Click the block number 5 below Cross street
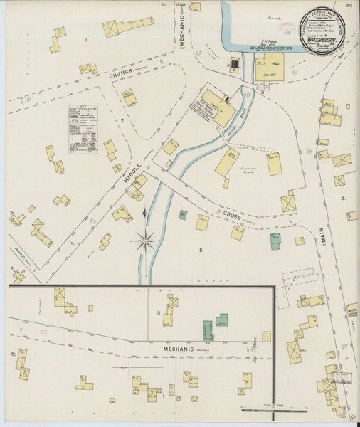pyautogui.click(x=201, y=251)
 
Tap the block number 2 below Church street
pyautogui.click(x=122, y=121)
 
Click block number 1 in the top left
pyautogui.click(x=86, y=39)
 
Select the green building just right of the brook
pyautogui.click(x=184, y=213)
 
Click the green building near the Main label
pyautogui.click(x=275, y=241)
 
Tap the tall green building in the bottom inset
pyautogui.click(x=208, y=330)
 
